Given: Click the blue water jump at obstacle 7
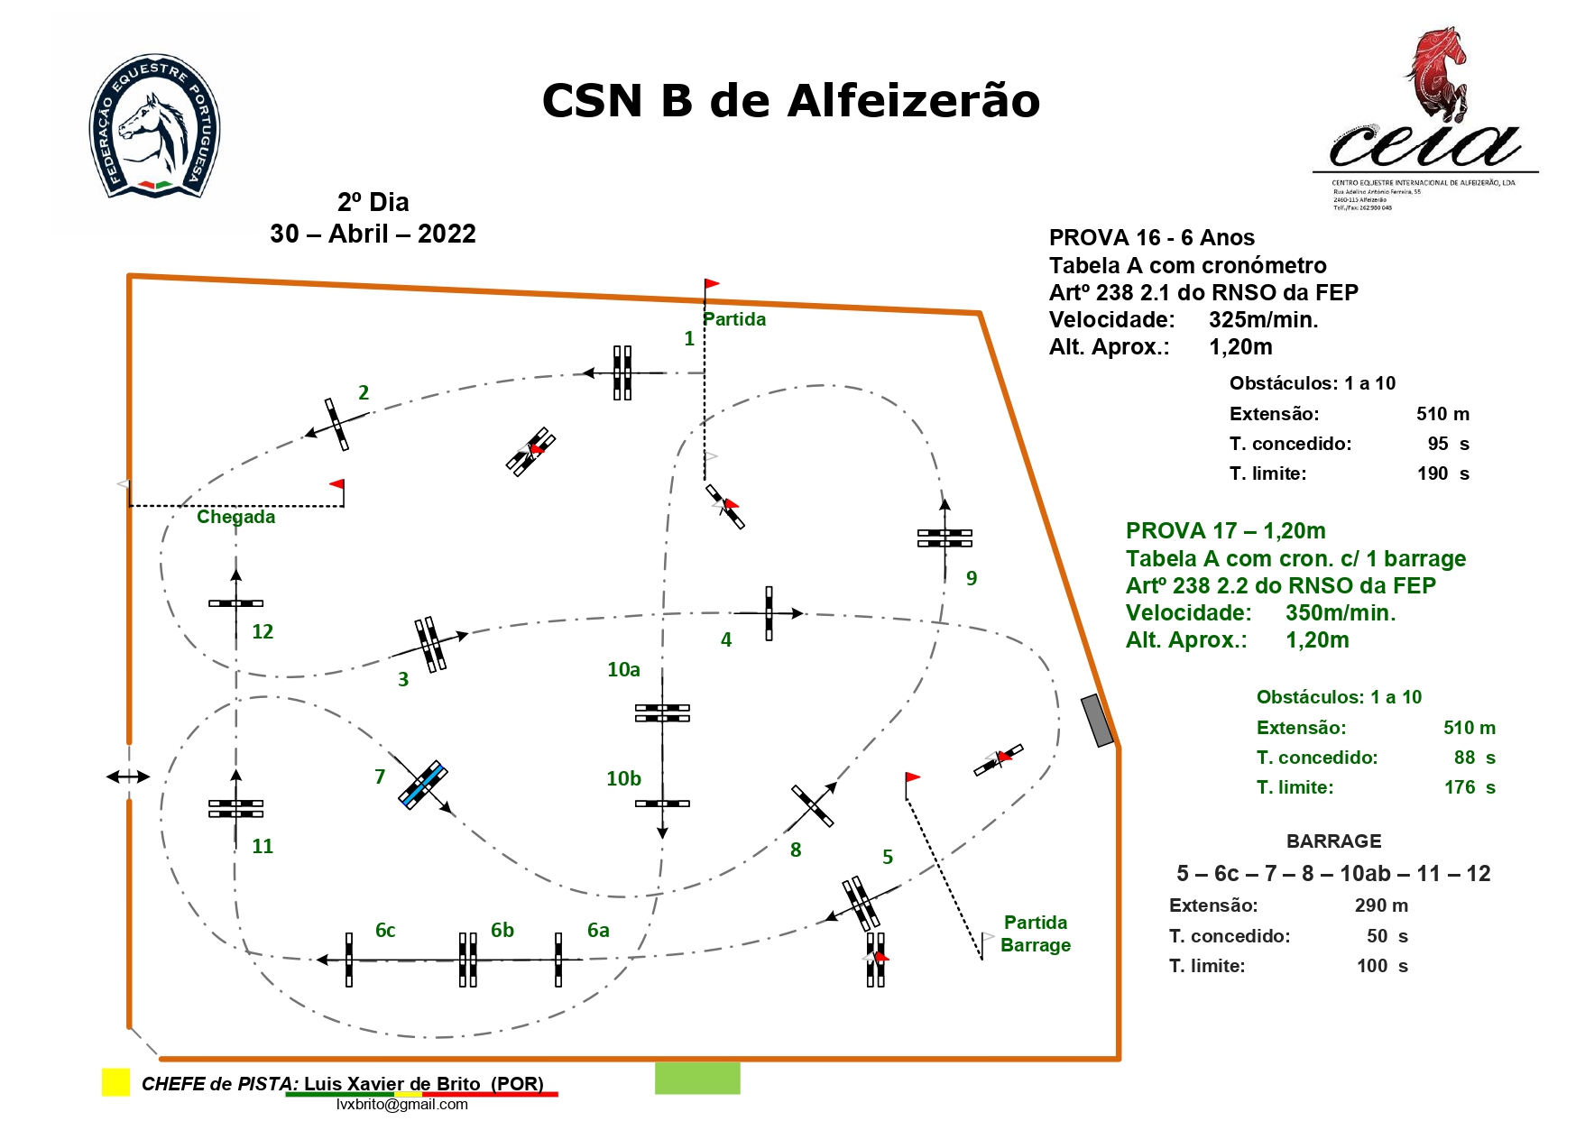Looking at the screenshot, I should (x=422, y=785).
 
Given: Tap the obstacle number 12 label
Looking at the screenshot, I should (x=263, y=631).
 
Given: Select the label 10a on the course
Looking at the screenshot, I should (x=623, y=669).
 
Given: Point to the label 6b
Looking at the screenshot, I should (x=502, y=930).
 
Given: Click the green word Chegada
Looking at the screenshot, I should (x=236, y=517).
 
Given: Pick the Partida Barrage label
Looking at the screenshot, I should (x=1036, y=933).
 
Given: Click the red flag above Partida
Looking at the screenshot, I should (x=712, y=284).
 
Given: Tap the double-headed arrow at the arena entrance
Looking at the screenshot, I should (x=128, y=776).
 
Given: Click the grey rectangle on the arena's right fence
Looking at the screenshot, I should (x=1097, y=721).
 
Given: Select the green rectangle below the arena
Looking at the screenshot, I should (x=697, y=1078).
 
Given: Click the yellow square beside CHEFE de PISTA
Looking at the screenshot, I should (x=115, y=1082).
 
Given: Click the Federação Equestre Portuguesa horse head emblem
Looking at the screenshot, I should (x=155, y=127).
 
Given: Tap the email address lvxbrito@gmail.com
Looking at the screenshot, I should (x=402, y=1105).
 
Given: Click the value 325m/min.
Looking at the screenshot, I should (x=1263, y=319).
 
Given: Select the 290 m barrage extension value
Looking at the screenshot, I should (x=1380, y=905).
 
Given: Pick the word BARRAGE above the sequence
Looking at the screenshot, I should (x=1333, y=841).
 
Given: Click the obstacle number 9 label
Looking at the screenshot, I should (x=972, y=578).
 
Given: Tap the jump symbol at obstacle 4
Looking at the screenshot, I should (x=769, y=613).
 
